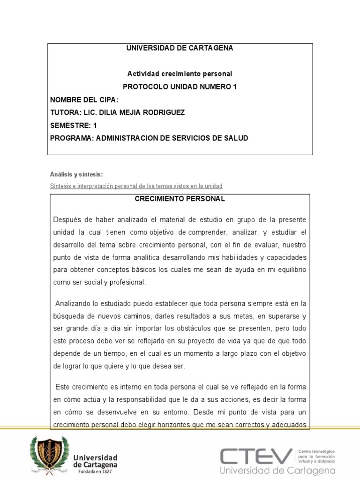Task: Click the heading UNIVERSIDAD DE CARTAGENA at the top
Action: coord(180,48)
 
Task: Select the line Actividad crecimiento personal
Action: coord(180,74)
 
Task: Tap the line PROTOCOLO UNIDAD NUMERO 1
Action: coord(180,87)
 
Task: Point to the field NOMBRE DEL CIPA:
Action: coord(84,100)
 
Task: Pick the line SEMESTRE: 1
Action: coord(74,125)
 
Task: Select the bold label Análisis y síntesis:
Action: coord(76,174)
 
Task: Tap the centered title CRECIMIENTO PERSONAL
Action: coord(180,199)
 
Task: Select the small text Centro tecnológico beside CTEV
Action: coord(316,450)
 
